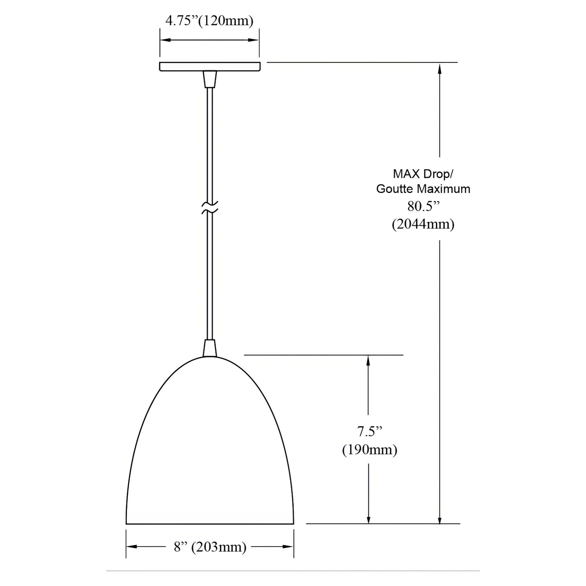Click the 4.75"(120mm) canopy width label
click(x=209, y=21)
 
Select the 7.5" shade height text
click(x=370, y=431)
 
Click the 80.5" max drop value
click(x=423, y=206)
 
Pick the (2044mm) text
click(x=423, y=224)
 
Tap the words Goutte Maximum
click(x=423, y=189)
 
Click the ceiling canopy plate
click(x=210, y=67)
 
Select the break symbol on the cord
click(x=210, y=207)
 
